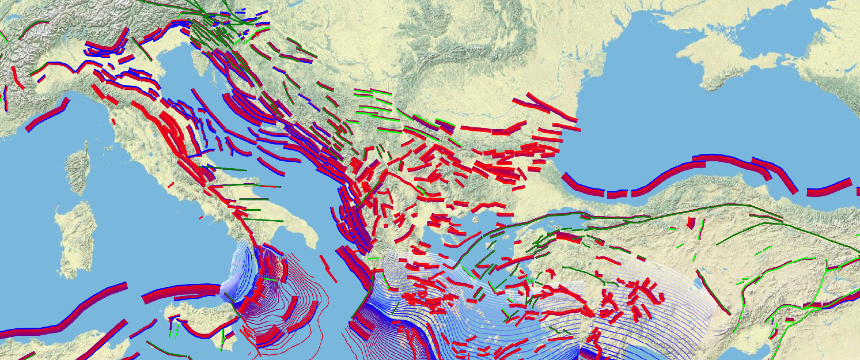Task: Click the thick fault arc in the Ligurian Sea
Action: pyautogui.click(x=47, y=115)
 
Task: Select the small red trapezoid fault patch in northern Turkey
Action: pyautogui.click(x=691, y=222)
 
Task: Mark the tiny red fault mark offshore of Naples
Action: pyautogui.click(x=200, y=218)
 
